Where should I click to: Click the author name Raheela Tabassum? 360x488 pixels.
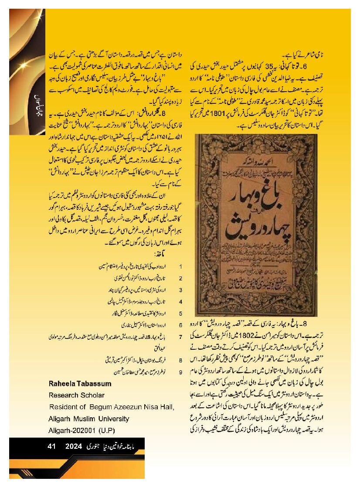point(80,384)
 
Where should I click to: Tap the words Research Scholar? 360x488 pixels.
point(76,396)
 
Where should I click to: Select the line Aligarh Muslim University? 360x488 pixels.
point(88,419)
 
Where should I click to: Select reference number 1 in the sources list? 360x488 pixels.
point(180,266)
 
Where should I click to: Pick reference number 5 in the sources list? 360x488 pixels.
point(180,313)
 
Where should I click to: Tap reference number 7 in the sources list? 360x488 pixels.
point(180,337)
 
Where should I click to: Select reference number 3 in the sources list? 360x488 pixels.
point(180,290)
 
